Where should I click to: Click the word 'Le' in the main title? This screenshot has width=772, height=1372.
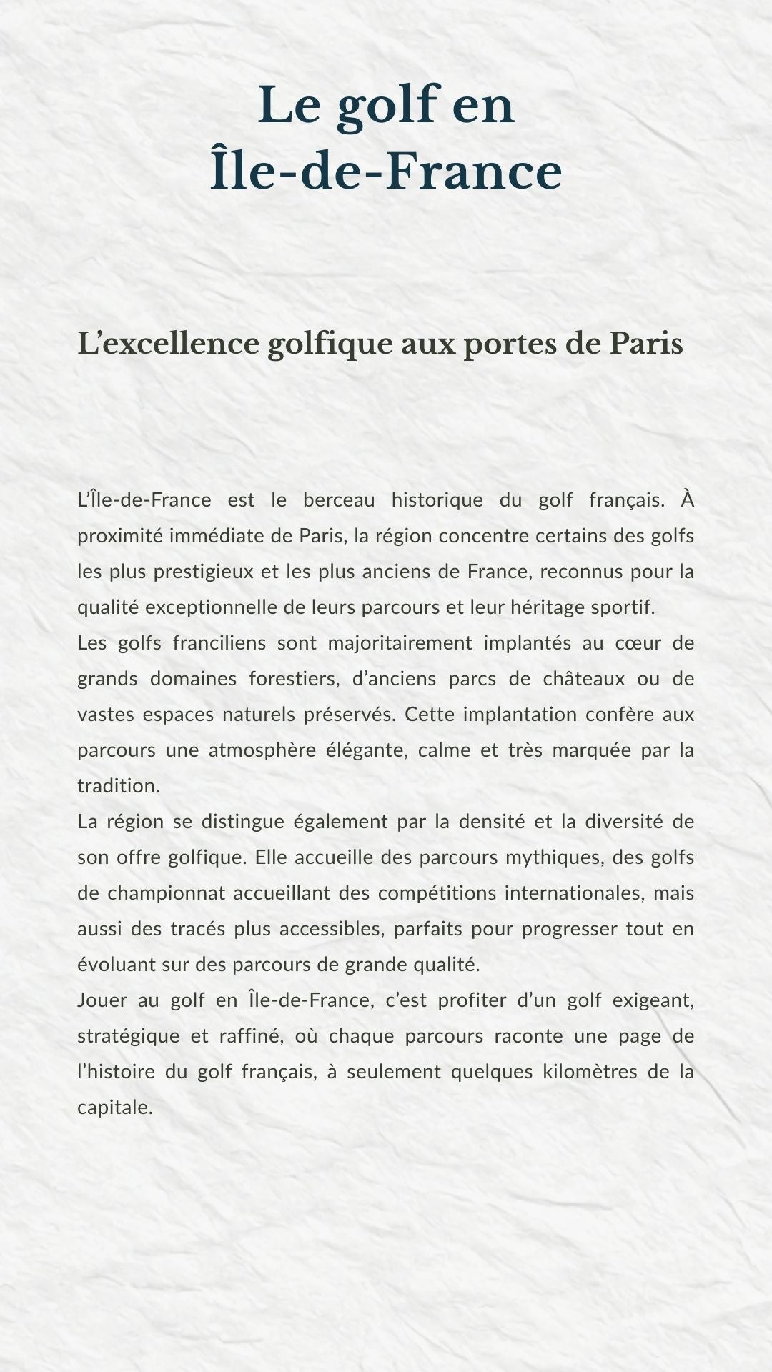point(288,105)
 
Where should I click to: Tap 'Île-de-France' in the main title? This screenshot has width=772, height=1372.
point(386,172)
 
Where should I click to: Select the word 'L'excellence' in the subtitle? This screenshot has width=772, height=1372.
point(168,344)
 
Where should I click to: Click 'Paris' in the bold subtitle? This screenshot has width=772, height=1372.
point(645,344)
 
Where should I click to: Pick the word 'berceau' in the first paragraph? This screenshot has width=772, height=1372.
point(339,500)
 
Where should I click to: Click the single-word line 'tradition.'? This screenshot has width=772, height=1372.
point(119,786)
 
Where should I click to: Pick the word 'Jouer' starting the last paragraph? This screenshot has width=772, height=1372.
point(102,1000)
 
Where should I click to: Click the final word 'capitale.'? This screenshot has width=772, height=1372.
point(115,1108)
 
